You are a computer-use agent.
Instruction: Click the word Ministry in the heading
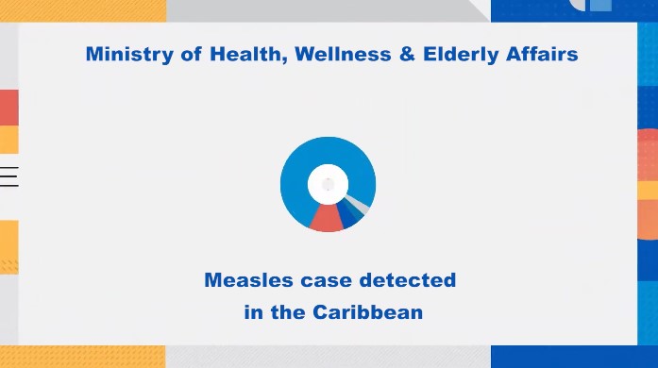[129, 55]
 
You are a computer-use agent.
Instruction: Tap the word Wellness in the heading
[343, 54]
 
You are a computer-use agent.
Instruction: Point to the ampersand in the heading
[407, 54]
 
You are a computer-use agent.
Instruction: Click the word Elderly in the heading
[461, 55]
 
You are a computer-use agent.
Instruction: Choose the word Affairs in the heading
[542, 54]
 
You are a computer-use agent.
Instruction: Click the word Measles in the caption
[248, 280]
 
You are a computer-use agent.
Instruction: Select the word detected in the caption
[408, 280]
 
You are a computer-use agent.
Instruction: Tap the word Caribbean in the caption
[367, 312]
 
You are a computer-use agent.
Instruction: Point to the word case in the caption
[326, 281]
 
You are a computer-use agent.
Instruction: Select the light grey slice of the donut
[358, 202]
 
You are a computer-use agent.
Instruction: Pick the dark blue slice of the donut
[348, 215]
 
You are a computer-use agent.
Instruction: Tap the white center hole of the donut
[328, 184]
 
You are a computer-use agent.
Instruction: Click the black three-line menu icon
[9, 176]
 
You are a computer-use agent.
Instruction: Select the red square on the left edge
[9, 108]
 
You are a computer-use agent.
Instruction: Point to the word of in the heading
[191, 54]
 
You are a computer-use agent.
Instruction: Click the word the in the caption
[288, 312]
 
